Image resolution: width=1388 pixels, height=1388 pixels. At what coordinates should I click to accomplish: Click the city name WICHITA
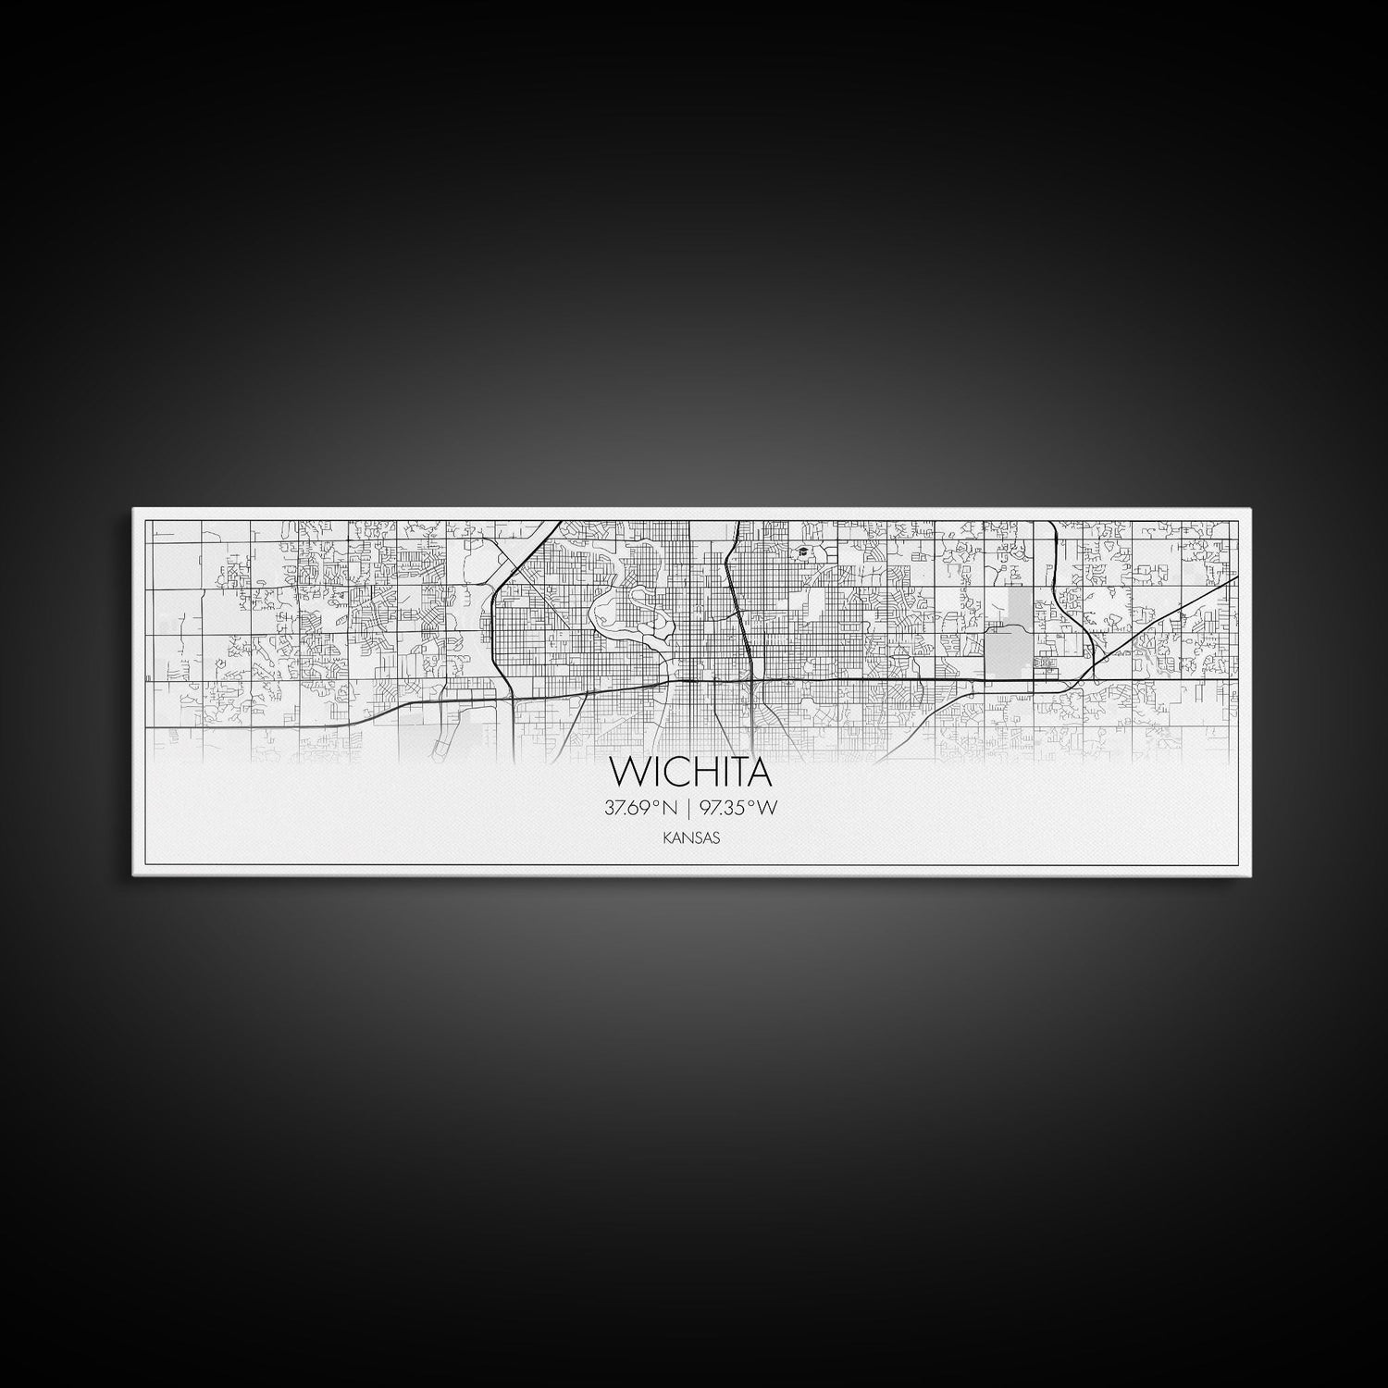point(690,771)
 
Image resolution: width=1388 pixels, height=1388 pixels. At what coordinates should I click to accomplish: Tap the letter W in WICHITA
point(625,771)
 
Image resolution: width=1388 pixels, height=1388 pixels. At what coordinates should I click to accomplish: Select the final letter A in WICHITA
point(758,771)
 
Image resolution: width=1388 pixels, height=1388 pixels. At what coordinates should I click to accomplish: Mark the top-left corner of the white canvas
point(133,508)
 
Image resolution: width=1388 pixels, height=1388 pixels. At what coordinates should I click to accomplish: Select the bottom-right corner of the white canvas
point(1252,874)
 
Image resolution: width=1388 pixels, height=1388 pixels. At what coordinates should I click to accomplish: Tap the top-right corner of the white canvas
point(1252,508)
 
